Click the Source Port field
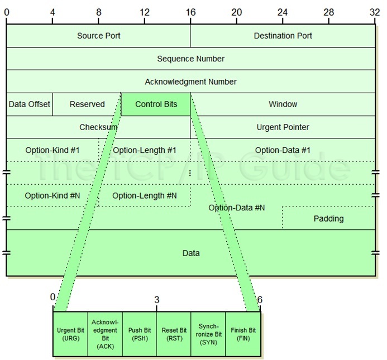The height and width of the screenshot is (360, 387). click(x=98, y=36)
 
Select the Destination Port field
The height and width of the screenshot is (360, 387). click(x=283, y=36)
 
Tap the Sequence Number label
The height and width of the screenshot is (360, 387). click(x=190, y=59)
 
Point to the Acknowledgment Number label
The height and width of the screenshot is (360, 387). click(x=190, y=81)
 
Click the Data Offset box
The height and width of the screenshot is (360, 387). click(x=30, y=104)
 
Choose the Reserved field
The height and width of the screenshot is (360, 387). click(x=87, y=104)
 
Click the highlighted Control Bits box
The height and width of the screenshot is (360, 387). click(x=156, y=104)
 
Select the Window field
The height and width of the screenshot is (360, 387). click(x=283, y=104)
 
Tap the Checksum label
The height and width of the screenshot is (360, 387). click(x=98, y=127)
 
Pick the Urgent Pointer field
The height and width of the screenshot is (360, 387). click(x=283, y=127)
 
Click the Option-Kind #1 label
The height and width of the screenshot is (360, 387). click(x=52, y=150)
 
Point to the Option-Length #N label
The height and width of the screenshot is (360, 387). click(x=144, y=195)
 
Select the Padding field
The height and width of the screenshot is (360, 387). click(x=328, y=218)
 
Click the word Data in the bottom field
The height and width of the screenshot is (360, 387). click(x=190, y=253)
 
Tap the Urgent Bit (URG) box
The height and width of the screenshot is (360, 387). click(x=70, y=334)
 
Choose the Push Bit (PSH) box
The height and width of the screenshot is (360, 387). click(x=139, y=334)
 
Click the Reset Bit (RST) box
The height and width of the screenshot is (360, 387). click(x=174, y=334)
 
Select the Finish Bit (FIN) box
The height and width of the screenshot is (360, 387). click(x=242, y=334)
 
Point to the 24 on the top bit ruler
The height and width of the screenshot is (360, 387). click(x=282, y=11)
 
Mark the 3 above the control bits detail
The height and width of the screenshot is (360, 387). click(x=156, y=300)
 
